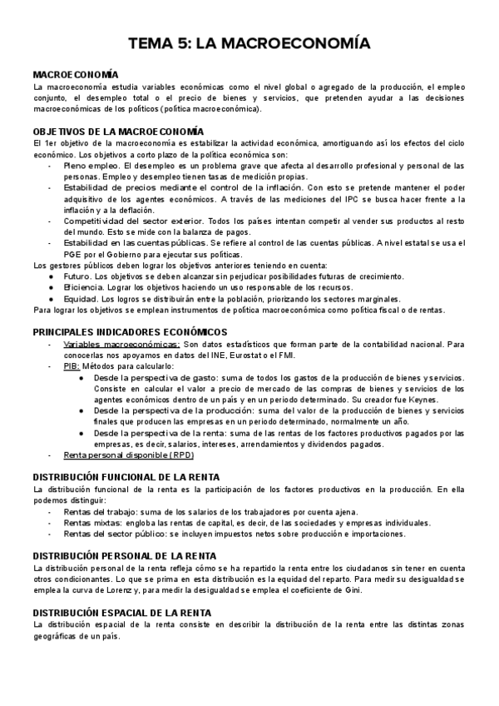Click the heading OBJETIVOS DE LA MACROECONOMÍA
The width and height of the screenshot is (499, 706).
pos(117,132)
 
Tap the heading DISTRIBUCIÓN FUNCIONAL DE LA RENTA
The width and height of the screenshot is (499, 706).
pos(126,476)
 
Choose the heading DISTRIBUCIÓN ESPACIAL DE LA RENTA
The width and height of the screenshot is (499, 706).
pos(122,613)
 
